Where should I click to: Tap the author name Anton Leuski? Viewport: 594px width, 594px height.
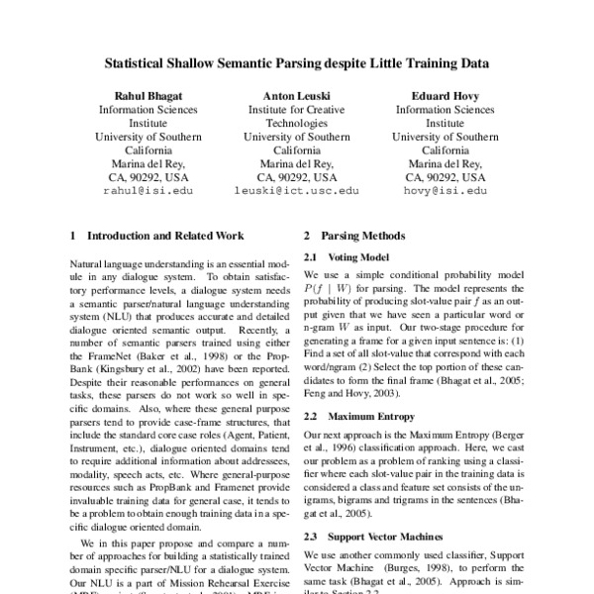pyautogui.click(x=296, y=96)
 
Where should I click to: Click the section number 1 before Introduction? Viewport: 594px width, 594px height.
pyautogui.click(x=74, y=237)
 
